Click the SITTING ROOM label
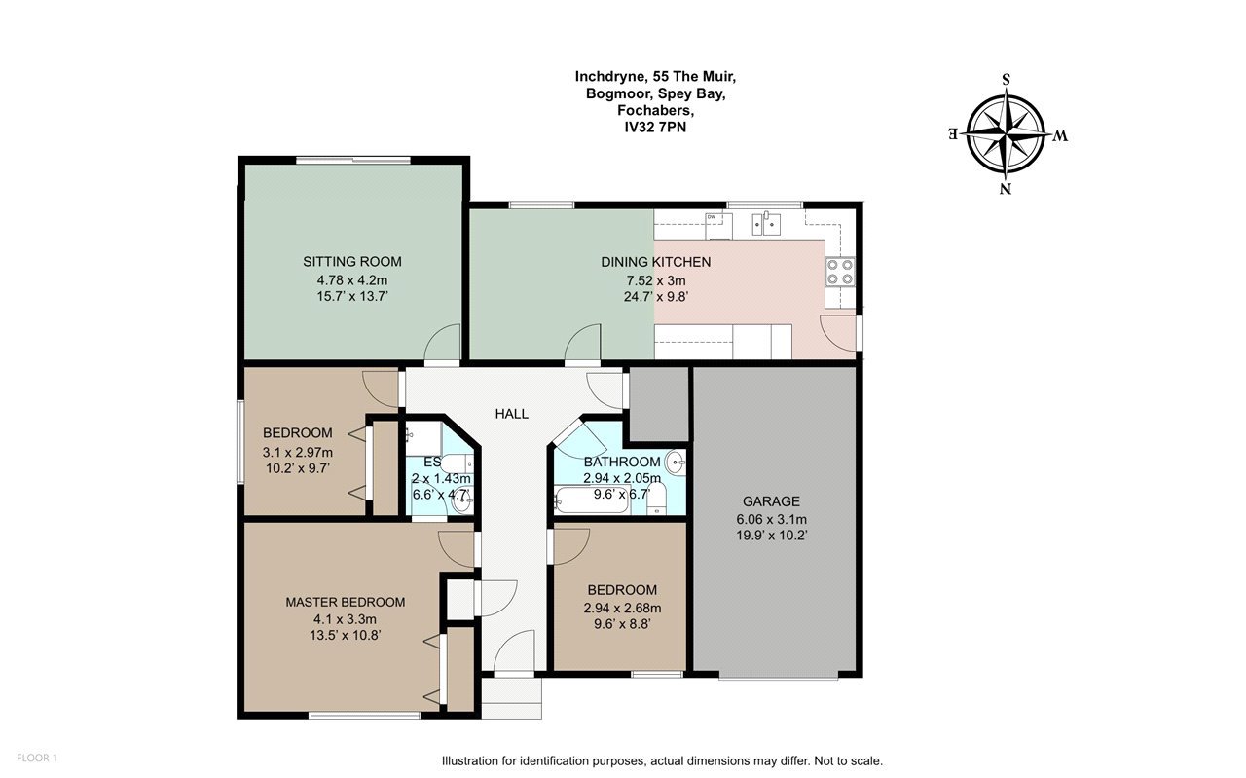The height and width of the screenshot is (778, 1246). click(x=352, y=262)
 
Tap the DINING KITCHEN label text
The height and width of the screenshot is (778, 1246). click(x=656, y=262)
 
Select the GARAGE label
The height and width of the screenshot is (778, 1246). click(x=772, y=501)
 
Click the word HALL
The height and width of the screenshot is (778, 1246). click(x=512, y=414)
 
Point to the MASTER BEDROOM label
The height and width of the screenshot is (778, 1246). click(x=346, y=602)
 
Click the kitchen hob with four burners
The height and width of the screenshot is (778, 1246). click(x=840, y=272)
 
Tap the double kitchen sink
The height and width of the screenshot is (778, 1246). click(x=766, y=225)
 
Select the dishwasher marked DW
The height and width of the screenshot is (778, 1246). click(x=718, y=225)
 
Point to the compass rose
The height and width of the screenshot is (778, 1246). click(x=1006, y=134)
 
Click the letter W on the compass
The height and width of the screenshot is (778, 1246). click(x=1060, y=135)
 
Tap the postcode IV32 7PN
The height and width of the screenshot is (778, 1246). click(x=655, y=128)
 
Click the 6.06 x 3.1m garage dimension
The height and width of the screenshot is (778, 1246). click(x=772, y=520)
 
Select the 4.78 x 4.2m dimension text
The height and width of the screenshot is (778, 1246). click(x=352, y=279)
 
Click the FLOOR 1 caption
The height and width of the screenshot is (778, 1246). click(x=37, y=758)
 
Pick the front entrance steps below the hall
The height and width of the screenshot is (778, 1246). click(x=511, y=698)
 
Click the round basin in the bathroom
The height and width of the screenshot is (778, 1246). click(x=677, y=462)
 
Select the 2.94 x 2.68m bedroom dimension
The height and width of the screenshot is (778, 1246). click(x=622, y=609)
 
